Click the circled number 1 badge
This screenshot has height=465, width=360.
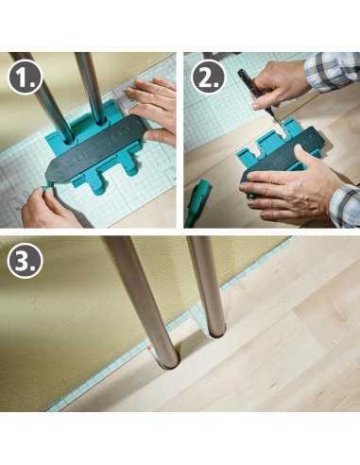click(26, 77)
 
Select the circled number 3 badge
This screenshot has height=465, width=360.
click(26, 261)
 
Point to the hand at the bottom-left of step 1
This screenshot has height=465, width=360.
click(47, 207)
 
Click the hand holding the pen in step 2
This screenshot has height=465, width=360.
click(278, 84)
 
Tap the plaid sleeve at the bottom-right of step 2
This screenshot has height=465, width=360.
click(345, 205)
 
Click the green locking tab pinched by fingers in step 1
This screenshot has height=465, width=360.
click(48, 186)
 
